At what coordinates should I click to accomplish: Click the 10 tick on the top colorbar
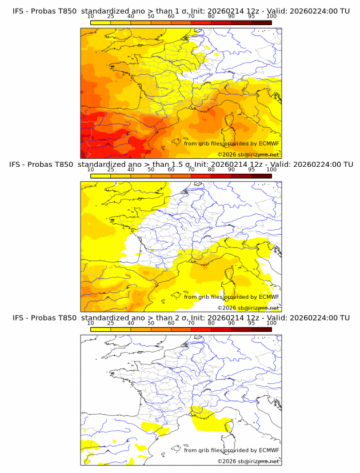pos(91,16)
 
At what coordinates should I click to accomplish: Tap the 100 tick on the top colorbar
pos(271,16)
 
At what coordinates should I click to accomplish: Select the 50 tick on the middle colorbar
pos(151,170)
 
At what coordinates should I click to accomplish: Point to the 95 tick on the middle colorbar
pos(251,170)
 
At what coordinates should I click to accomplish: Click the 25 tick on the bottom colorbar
pos(111,323)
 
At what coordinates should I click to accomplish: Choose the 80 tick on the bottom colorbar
pos(211,323)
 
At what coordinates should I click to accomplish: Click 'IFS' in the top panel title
pos(18,10)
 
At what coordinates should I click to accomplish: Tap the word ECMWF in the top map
pos(269,143)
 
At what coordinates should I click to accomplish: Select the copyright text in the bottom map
pos(248,461)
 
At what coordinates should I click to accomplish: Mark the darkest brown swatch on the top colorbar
pos(261,22)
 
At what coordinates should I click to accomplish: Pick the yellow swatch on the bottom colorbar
pos(101,329)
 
